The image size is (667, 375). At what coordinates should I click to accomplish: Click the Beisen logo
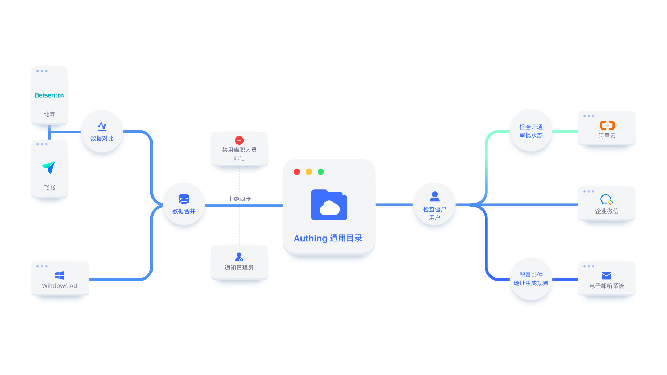point(49,95)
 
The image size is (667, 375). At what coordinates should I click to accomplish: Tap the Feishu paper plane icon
point(49,167)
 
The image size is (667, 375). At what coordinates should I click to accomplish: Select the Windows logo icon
point(59,275)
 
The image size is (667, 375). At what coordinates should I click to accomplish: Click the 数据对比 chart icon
point(102,126)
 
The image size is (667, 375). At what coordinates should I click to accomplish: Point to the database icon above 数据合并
point(184,199)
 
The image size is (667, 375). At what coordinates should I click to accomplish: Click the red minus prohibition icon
point(239,140)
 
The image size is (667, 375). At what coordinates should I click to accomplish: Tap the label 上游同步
point(239,199)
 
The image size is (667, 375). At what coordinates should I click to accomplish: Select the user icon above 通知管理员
point(239,257)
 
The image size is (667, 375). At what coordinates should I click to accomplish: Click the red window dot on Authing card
point(297,172)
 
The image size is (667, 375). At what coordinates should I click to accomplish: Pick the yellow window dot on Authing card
point(309,172)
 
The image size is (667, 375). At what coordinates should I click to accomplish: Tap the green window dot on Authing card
point(321,172)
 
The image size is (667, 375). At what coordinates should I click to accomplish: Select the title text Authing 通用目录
point(328,238)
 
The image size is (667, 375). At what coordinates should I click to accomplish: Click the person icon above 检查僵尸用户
point(435,197)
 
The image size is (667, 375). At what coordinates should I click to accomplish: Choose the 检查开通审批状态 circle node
point(531,131)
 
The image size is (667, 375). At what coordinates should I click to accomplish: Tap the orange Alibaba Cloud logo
point(607,125)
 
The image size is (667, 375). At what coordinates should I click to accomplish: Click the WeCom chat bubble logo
point(606,200)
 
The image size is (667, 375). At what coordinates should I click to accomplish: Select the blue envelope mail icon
point(606,275)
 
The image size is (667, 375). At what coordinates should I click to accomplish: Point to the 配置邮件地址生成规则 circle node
point(531,279)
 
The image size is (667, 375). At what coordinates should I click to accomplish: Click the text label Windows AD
point(60,286)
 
